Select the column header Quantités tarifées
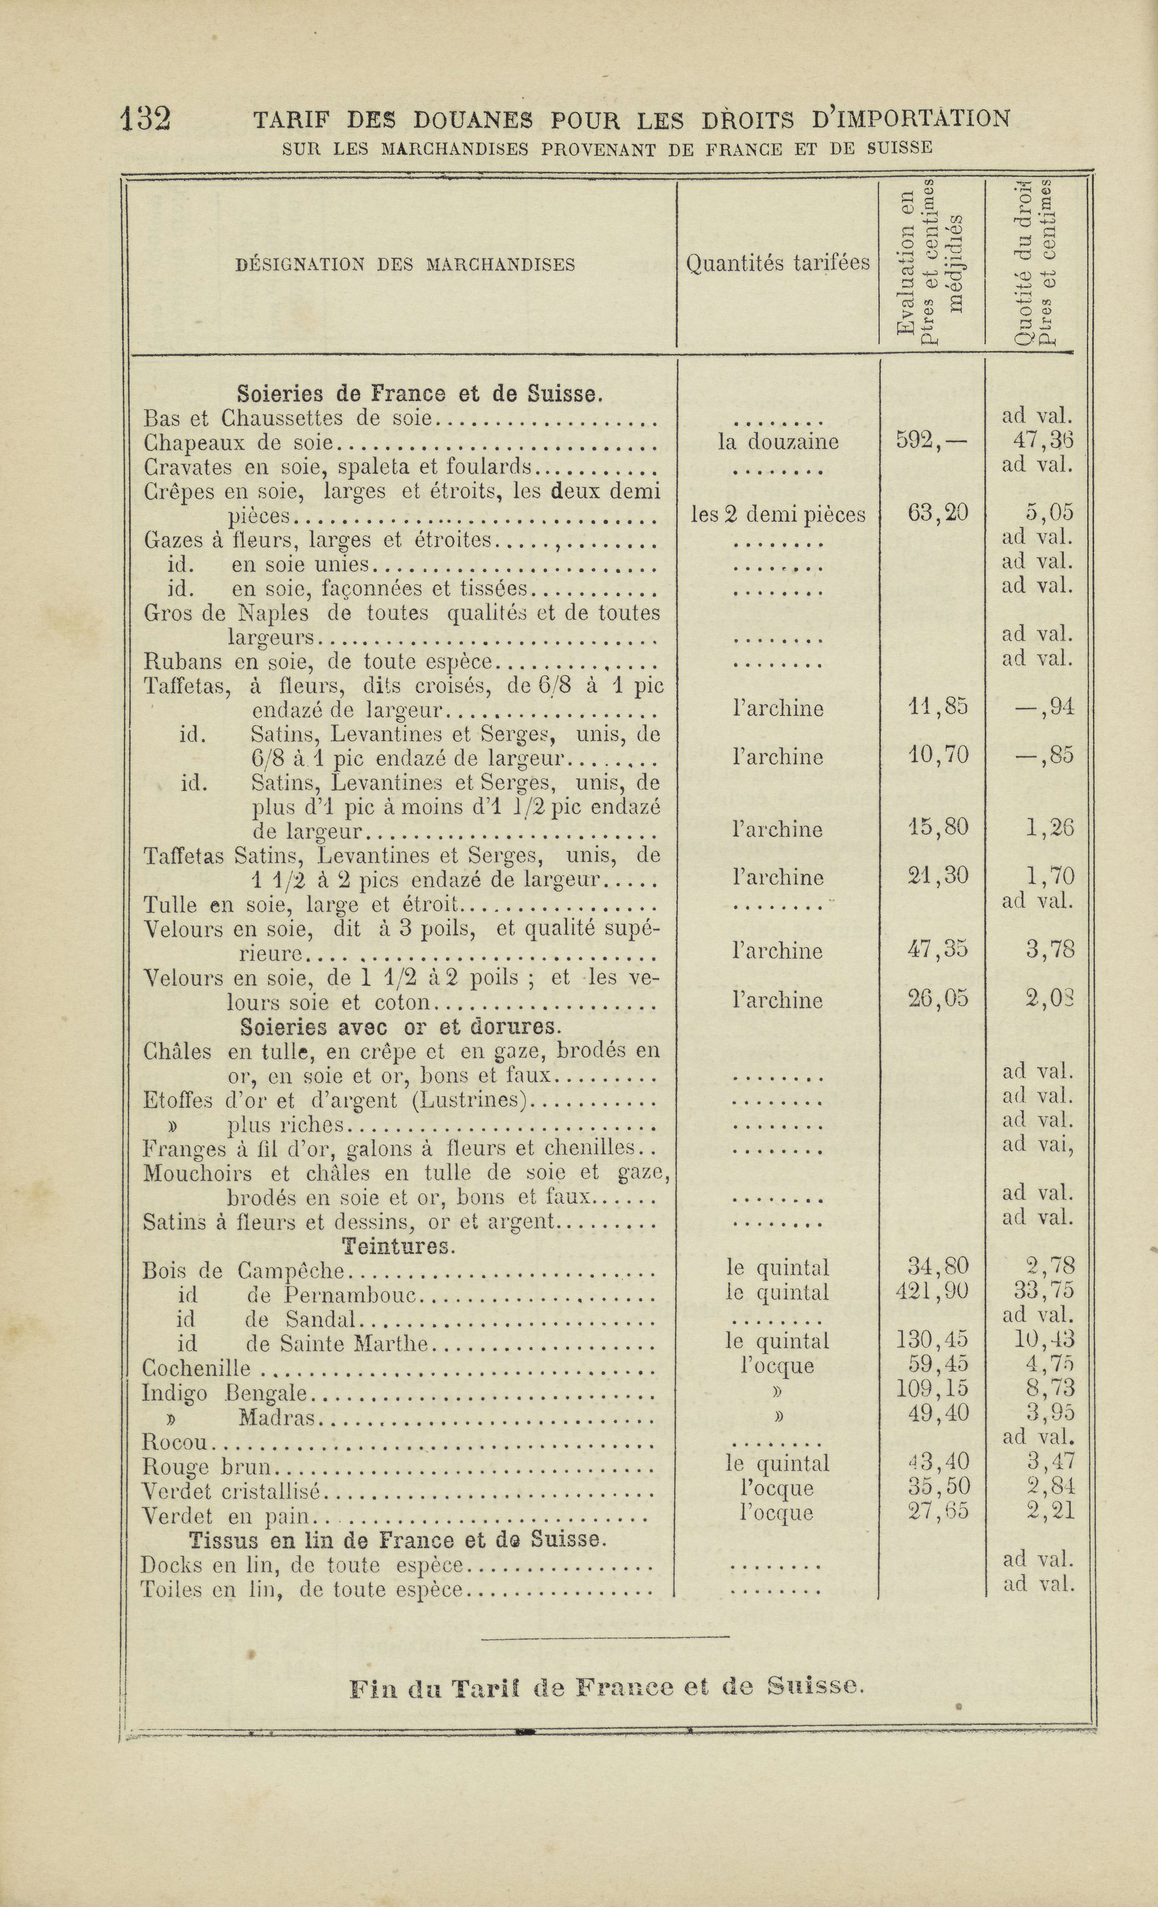777,264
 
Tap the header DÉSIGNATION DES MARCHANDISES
405,265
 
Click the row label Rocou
176,1441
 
